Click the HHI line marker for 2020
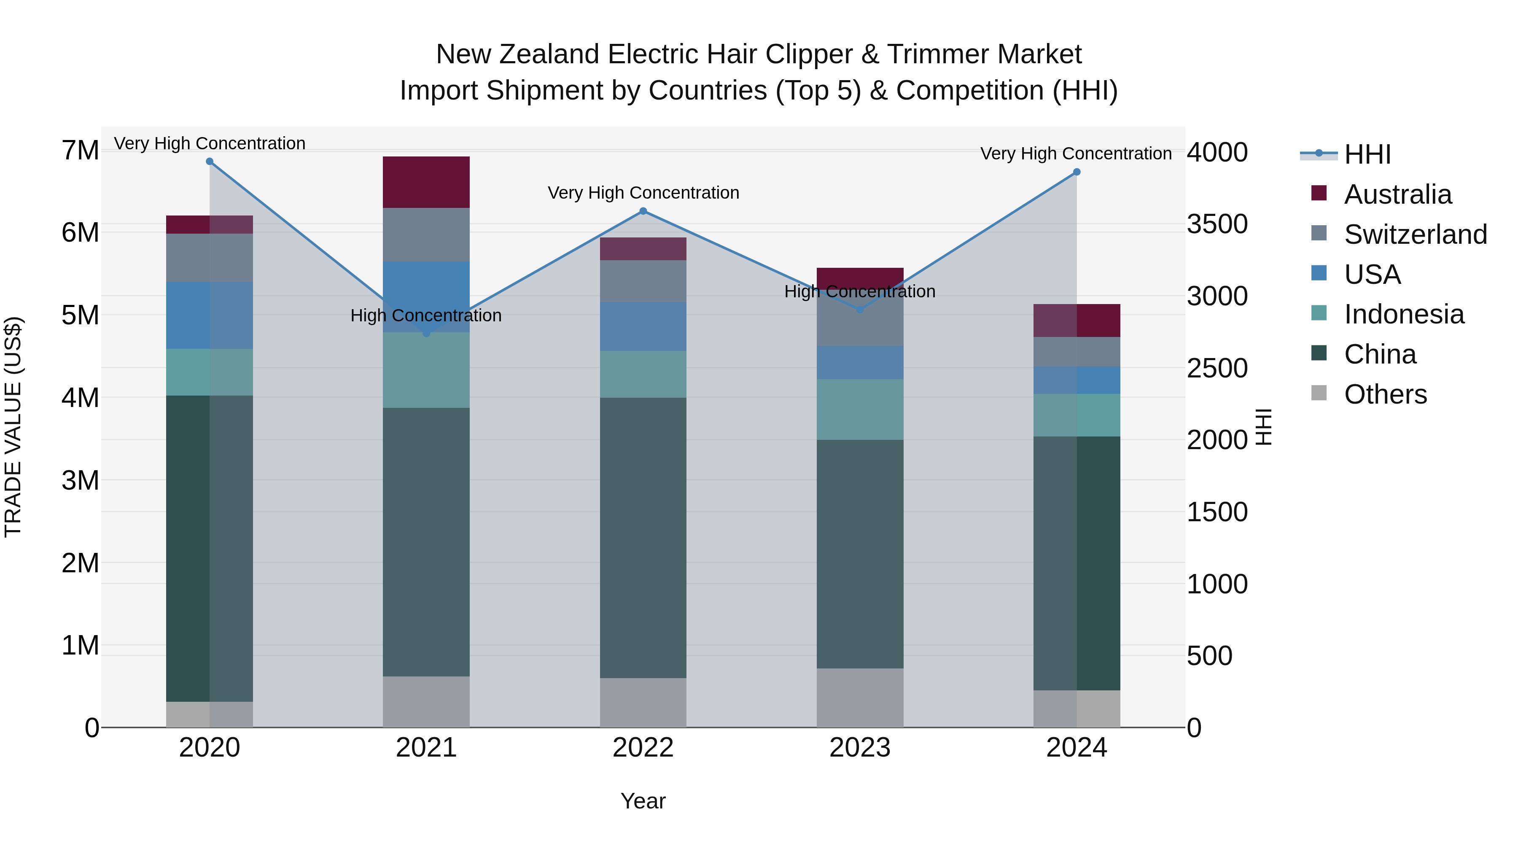[x=210, y=162]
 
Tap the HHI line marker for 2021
[x=427, y=334]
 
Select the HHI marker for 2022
[x=643, y=211]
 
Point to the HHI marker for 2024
[x=1077, y=172]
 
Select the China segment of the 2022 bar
[x=643, y=538]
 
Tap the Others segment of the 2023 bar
[x=860, y=698]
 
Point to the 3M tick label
[x=80, y=480]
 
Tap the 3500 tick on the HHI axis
[x=1217, y=224]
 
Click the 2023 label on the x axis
[x=860, y=748]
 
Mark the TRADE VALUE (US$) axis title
[x=13, y=427]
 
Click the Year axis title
[x=643, y=801]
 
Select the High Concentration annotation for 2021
[x=426, y=315]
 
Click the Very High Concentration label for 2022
[x=643, y=193]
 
